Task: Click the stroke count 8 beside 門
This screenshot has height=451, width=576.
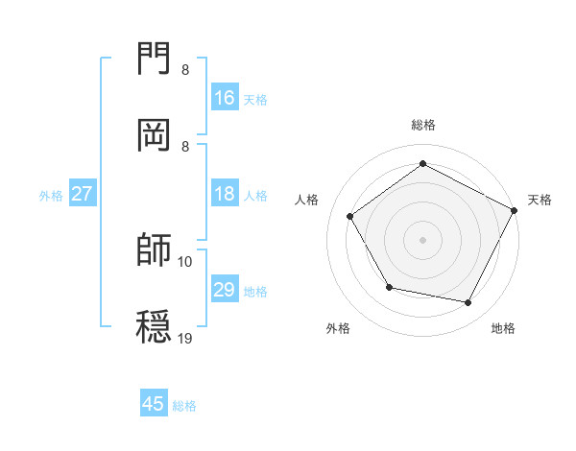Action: [x=184, y=70]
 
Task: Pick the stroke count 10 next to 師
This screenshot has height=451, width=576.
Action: [x=185, y=261]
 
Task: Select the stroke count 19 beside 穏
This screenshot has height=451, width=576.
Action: [x=185, y=338]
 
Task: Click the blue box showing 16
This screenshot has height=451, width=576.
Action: [x=225, y=98]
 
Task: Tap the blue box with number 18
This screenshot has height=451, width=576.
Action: [x=225, y=195]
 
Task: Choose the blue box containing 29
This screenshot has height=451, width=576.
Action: [x=225, y=290]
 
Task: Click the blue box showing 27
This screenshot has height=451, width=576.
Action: [x=83, y=194]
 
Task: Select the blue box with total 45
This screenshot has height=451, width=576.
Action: [x=154, y=404]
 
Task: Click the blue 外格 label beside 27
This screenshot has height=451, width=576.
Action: [x=51, y=196]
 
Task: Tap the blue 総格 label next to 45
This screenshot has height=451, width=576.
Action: [x=184, y=406]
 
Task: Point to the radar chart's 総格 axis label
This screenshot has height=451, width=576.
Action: [x=423, y=125]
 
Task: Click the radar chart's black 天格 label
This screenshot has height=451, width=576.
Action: [x=540, y=200]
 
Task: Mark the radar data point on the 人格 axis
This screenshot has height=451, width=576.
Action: [x=350, y=216]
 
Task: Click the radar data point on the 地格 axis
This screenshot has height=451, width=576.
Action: [x=468, y=302]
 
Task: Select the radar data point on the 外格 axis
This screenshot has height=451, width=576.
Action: [x=389, y=287]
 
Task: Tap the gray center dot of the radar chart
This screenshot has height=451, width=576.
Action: [x=423, y=239]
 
